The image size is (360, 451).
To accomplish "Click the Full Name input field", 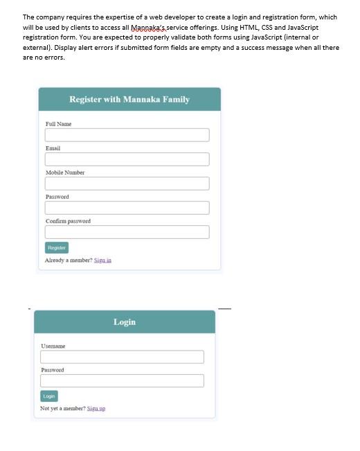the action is [127, 134].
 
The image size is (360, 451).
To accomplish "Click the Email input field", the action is [127, 159].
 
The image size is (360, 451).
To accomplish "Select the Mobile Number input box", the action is [127, 184].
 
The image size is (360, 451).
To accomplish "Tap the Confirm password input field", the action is [127, 232].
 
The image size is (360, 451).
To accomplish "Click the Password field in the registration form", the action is [127, 208].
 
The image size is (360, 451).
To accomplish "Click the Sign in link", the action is [102, 260].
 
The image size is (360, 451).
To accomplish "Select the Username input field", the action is [122, 357].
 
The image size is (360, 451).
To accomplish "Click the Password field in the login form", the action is [122, 381].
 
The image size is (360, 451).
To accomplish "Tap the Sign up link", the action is [97, 409].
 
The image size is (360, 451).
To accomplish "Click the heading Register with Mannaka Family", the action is [129, 100].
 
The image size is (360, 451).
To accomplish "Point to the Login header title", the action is [125, 322].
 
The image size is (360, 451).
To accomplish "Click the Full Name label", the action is [58, 124].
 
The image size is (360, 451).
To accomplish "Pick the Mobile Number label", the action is [65, 173].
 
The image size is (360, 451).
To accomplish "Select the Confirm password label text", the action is [68, 221].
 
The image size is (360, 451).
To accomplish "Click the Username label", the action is [53, 346].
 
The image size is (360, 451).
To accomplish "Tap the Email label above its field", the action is [53, 148].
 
